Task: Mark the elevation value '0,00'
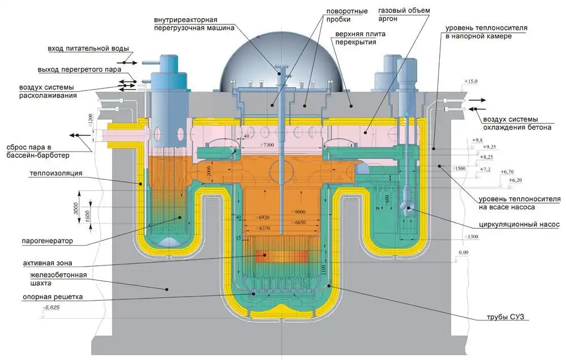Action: [x=464, y=252]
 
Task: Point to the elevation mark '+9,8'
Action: [x=477, y=140]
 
